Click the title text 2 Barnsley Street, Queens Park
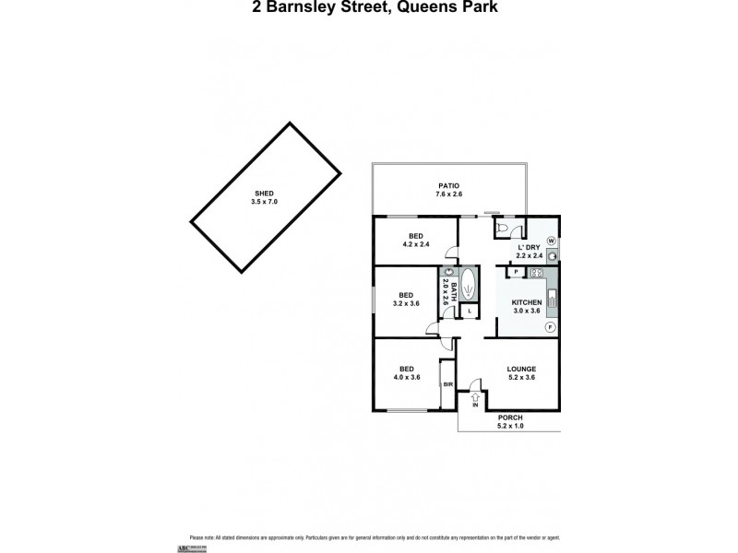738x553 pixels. [x=368, y=10]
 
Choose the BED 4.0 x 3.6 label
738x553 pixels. [x=406, y=371]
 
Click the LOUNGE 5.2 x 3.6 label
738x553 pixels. [x=521, y=372]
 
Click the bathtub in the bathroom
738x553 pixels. [x=468, y=286]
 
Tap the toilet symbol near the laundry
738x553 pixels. [x=503, y=228]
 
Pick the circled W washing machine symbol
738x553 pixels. [x=551, y=241]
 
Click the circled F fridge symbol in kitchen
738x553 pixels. [x=550, y=327]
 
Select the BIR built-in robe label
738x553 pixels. [x=447, y=383]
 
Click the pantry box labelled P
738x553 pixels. [x=514, y=272]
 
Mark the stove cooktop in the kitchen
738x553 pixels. [x=535, y=272]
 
